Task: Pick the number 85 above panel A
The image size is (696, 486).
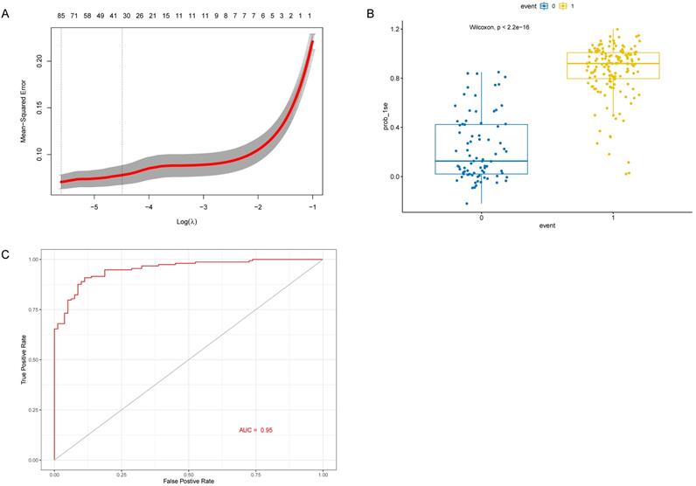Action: point(61,16)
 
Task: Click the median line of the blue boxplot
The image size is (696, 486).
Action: point(481,161)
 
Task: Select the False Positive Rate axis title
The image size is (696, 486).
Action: point(188,481)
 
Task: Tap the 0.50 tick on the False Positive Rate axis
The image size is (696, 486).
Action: point(188,471)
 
